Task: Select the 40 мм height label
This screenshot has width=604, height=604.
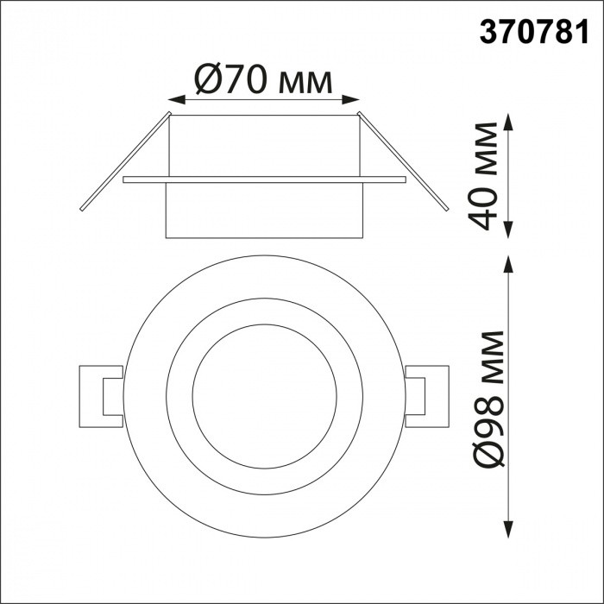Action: [x=487, y=177]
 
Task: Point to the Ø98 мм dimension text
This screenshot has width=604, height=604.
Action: [x=488, y=397]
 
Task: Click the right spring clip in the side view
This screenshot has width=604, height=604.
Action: [x=406, y=162]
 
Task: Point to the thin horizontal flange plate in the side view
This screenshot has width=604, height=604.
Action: [x=264, y=179]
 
